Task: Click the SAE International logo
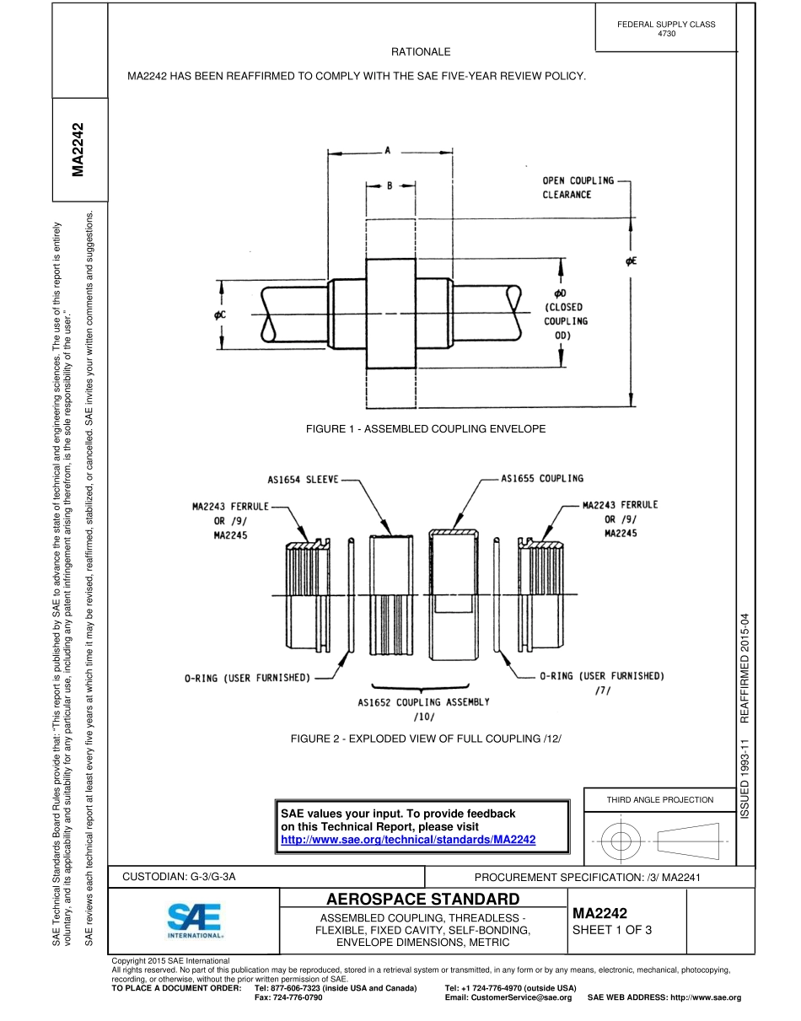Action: tap(195, 921)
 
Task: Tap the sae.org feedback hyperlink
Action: tap(407, 840)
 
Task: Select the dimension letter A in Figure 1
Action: tap(388, 151)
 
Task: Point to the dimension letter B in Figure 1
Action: tap(390, 186)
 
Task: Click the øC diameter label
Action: tap(221, 314)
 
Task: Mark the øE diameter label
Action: tap(631, 261)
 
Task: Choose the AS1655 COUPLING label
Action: tap(541, 478)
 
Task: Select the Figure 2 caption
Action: tap(425, 739)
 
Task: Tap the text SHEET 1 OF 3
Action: tap(612, 930)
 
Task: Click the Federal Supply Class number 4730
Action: tap(666, 34)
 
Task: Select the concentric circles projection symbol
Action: tap(621, 840)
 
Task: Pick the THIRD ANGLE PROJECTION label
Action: tap(659, 799)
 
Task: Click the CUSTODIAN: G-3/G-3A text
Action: tap(179, 877)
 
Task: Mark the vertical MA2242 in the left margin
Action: tap(79, 150)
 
